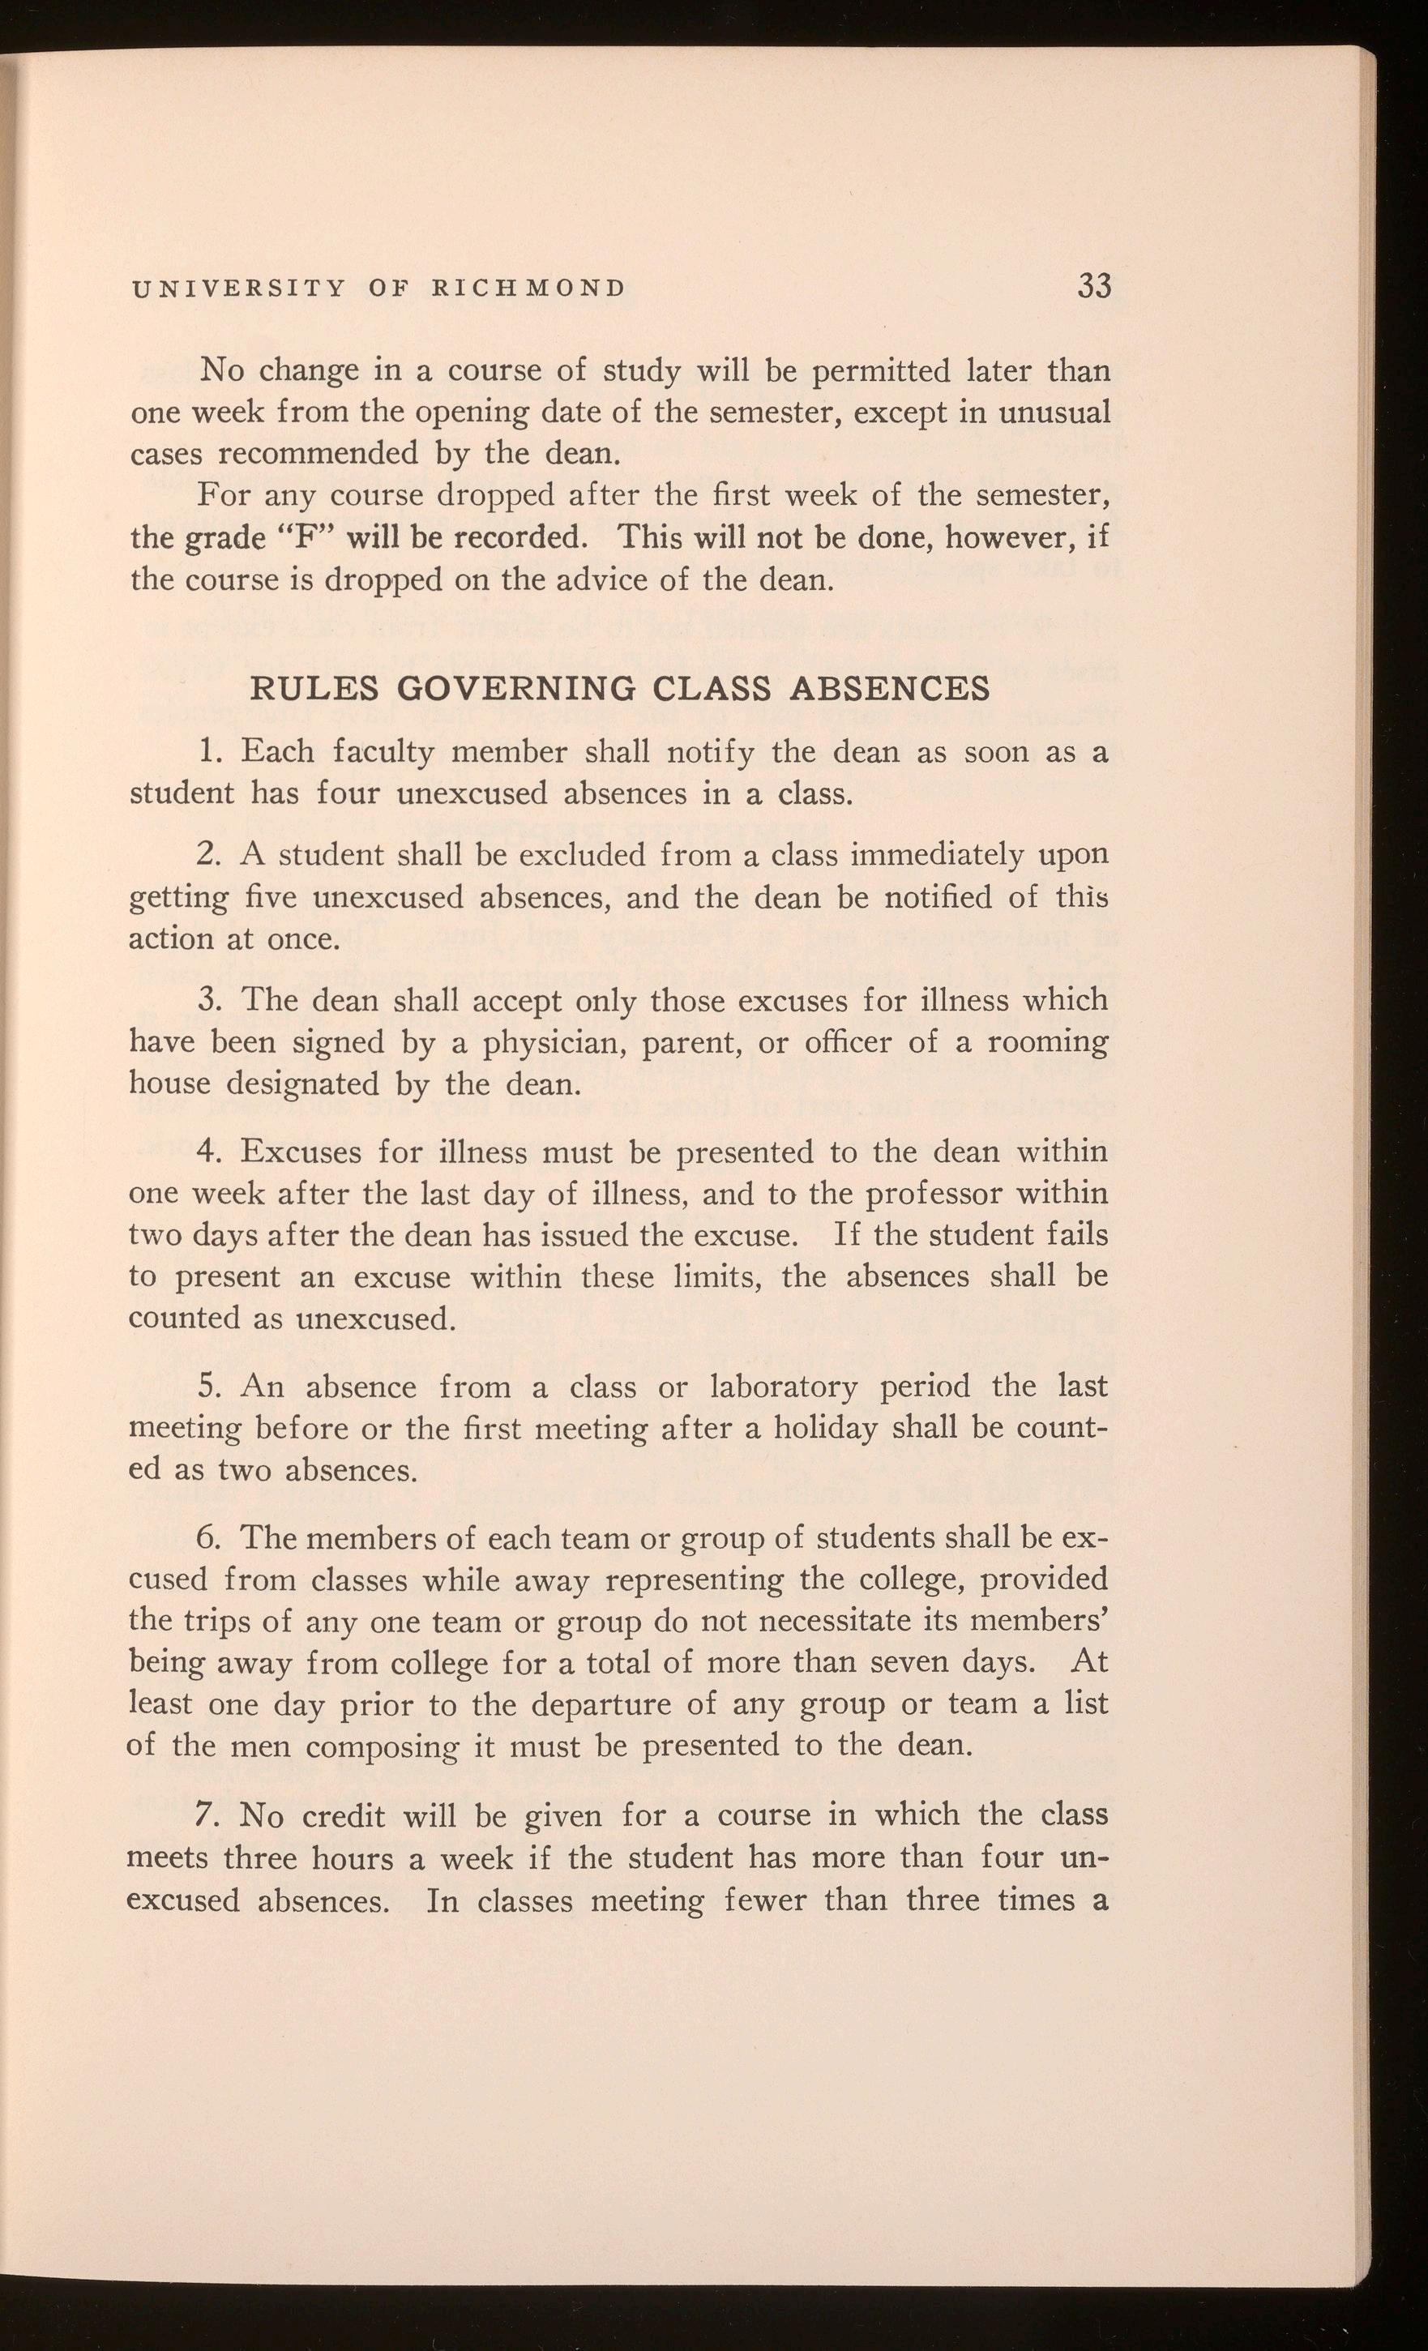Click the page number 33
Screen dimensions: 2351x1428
click(x=1094, y=285)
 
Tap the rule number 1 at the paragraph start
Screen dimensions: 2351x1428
click(x=212, y=752)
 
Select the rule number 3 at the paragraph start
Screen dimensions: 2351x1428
click(x=211, y=1001)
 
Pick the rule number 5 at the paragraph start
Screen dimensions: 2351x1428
click(x=211, y=1387)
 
